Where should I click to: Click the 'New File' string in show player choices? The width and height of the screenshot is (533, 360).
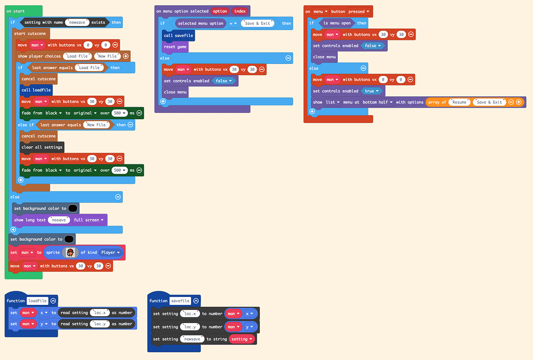pyautogui.click(x=107, y=56)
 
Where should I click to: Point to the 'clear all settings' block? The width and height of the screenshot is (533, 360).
pyautogui.click(x=42, y=147)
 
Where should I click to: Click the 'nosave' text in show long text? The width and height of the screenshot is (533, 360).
pyautogui.click(x=59, y=220)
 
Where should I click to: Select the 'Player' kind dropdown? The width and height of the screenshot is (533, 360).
pyautogui.click(x=110, y=253)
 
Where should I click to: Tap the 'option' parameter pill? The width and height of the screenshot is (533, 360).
pyautogui.click(x=220, y=11)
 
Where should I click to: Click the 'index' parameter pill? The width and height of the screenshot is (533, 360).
pyautogui.click(x=239, y=11)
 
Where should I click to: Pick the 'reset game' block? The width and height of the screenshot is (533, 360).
pyautogui.click(x=175, y=47)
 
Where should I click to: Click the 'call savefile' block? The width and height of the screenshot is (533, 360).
pyautogui.click(x=179, y=35)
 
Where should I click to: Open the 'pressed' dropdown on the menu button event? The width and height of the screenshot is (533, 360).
pyautogui.click(x=359, y=11)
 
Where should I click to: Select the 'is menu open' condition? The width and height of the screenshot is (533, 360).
pyautogui.click(x=337, y=23)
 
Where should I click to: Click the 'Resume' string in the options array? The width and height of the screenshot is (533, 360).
pyautogui.click(x=460, y=102)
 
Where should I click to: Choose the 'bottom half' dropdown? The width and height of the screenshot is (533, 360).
pyautogui.click(x=377, y=102)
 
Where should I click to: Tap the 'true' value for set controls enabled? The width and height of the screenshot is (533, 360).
pyautogui.click(x=371, y=91)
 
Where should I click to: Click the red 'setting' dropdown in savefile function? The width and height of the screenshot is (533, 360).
pyautogui.click(x=242, y=339)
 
